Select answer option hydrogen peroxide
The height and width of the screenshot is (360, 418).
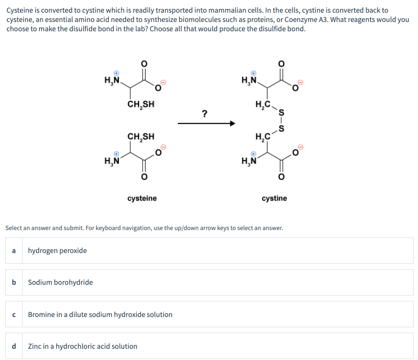click(x=58, y=251)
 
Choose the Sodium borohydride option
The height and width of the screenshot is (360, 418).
click(x=60, y=282)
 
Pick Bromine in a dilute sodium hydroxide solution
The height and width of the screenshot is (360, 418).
click(x=100, y=315)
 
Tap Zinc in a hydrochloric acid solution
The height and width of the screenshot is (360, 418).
click(x=83, y=346)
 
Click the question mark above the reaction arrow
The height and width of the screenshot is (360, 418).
click(x=205, y=114)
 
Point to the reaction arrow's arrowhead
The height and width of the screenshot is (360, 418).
click(x=233, y=124)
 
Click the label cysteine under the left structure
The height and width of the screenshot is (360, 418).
click(x=142, y=198)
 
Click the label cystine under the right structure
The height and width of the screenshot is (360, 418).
click(x=274, y=198)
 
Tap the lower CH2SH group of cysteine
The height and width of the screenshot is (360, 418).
click(x=141, y=136)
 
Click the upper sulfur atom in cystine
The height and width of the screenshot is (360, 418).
click(x=281, y=113)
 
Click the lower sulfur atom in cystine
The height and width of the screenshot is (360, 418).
click(x=281, y=129)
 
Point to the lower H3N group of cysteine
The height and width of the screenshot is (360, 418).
click(x=113, y=160)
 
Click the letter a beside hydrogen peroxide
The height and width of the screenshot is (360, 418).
click(x=14, y=251)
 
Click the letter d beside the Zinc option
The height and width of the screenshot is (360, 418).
click(x=14, y=346)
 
